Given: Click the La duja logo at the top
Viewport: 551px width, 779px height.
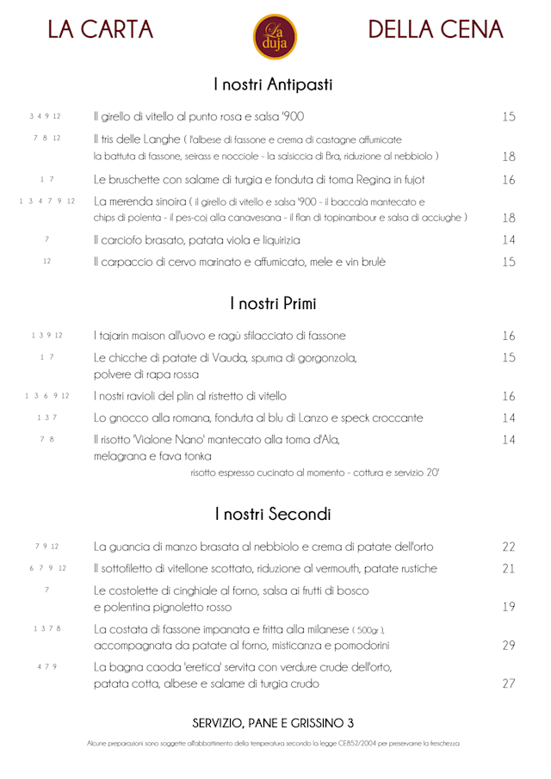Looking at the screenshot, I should point(275,37).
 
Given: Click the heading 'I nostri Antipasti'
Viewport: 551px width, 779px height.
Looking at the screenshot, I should point(273,84).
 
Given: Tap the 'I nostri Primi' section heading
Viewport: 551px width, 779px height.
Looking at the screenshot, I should point(273,304).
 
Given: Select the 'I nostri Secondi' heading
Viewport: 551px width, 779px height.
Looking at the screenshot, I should point(273,515).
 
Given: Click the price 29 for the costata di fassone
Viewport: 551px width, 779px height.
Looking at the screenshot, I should point(508,645).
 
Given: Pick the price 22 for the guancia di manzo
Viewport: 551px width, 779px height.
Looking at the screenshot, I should point(508,547).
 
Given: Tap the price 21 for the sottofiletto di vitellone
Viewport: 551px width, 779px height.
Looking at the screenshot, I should point(508,568).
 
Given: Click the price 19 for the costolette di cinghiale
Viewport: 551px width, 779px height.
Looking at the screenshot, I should point(508,606).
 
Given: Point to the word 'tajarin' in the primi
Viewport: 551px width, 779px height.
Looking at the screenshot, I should point(118,336).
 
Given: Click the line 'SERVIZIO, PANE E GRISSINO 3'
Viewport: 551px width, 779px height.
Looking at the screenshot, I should point(273,722).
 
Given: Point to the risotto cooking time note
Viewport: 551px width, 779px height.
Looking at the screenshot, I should point(314,473).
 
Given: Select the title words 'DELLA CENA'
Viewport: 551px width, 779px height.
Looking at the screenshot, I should point(436,30).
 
